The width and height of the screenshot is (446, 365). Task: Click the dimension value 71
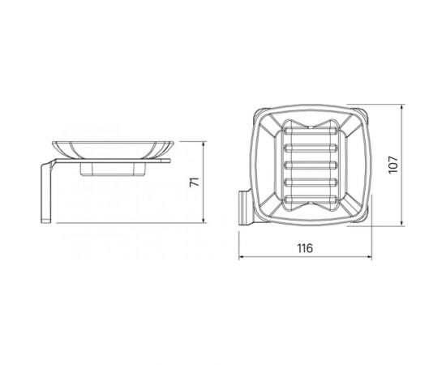point(195,182)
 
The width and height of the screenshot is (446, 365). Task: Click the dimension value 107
point(393,165)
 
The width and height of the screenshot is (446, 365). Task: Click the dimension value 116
point(305,248)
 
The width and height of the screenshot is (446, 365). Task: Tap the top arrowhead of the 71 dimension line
point(204,144)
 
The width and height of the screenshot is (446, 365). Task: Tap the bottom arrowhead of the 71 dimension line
point(204,220)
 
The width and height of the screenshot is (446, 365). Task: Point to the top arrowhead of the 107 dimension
point(401,108)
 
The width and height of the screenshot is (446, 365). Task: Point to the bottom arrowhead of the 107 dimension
point(401,223)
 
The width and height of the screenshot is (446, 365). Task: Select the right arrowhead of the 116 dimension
point(369,257)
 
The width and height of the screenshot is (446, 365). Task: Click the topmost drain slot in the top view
point(311,131)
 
